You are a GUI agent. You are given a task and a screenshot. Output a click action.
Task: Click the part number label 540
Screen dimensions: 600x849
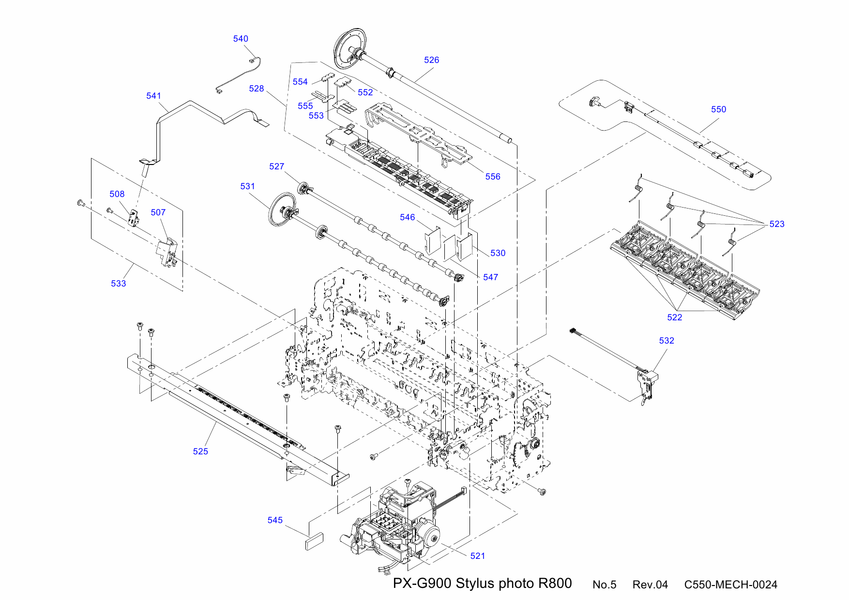[x=241, y=39]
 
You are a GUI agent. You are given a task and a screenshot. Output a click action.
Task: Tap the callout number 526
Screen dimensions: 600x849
[x=431, y=60]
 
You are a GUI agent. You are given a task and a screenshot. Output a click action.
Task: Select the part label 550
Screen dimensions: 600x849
[x=718, y=109]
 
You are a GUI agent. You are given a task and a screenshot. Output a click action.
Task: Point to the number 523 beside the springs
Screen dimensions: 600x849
[x=776, y=224]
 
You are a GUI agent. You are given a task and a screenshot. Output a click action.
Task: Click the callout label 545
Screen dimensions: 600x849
[x=275, y=520]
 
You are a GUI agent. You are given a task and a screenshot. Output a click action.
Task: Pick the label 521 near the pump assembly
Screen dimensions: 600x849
[x=477, y=556]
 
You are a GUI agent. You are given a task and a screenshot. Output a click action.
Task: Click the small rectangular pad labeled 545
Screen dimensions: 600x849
[x=314, y=540]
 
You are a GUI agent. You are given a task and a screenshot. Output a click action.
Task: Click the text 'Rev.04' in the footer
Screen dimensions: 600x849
[x=650, y=585]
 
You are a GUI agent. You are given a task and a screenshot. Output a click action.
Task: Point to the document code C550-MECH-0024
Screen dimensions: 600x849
[x=730, y=585]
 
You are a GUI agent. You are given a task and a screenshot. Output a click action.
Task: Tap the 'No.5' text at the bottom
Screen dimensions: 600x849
[x=604, y=585]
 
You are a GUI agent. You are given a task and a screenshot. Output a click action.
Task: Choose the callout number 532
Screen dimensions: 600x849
[x=666, y=341]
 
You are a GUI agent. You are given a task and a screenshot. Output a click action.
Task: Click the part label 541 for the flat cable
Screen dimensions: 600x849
[x=153, y=96]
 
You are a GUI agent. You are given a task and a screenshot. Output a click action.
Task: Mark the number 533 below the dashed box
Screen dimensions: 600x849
[x=118, y=284]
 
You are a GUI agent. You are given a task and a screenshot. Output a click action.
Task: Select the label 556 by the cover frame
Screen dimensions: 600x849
[x=492, y=177]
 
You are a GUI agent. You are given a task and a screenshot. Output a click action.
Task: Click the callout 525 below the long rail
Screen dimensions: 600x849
[x=200, y=451]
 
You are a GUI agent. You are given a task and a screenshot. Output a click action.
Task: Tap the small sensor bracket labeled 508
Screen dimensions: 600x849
[x=133, y=218]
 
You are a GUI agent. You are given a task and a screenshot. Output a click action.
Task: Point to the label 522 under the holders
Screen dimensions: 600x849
[x=674, y=317]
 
